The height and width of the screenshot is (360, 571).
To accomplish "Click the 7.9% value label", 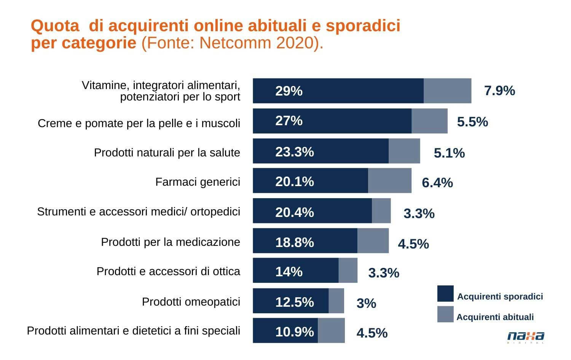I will point(499,91).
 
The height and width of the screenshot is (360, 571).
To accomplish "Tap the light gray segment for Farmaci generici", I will point(389,181).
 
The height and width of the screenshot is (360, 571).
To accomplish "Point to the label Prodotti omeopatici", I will point(191,302).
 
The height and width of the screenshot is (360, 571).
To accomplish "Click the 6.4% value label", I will point(437,183).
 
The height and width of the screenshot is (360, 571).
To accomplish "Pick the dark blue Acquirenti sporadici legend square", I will point(445,294).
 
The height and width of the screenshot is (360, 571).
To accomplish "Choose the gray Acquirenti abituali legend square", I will point(445,314).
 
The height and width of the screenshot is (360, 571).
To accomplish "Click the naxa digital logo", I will point(526,337).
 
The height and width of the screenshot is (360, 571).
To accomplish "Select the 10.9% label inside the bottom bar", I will point(295,332).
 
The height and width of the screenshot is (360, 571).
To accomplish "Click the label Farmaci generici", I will point(198,182).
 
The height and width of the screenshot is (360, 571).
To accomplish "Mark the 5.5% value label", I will point(472,122).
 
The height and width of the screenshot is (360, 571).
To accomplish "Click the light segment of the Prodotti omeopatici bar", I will point(336,301).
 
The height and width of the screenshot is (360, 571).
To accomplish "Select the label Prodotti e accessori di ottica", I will point(168,271).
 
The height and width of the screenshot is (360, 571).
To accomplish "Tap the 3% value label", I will point(366,303).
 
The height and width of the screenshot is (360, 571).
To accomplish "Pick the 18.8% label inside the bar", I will point(295,242).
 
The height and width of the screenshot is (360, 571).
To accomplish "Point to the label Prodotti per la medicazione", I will point(171,242).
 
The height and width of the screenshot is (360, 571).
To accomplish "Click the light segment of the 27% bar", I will point(429,121).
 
